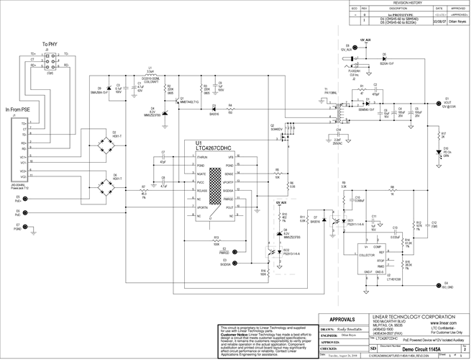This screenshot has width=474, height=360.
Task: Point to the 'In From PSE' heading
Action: click(18, 109)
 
